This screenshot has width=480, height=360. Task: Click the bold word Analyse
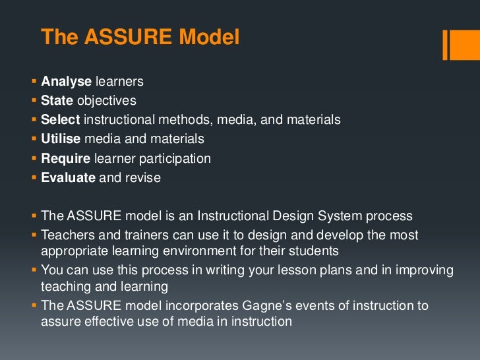[x=66, y=82]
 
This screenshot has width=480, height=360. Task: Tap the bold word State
[x=57, y=101]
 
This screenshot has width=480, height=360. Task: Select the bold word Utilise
[x=62, y=139]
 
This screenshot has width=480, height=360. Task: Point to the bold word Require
[x=66, y=158]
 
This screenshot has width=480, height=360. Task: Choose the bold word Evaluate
[x=69, y=177]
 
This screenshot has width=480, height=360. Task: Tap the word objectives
[x=107, y=101]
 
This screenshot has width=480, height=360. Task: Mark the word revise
[x=143, y=177]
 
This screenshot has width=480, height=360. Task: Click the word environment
[x=226, y=251]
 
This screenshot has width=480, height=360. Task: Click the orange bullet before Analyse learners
[x=34, y=82]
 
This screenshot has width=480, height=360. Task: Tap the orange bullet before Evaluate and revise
[x=34, y=177]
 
